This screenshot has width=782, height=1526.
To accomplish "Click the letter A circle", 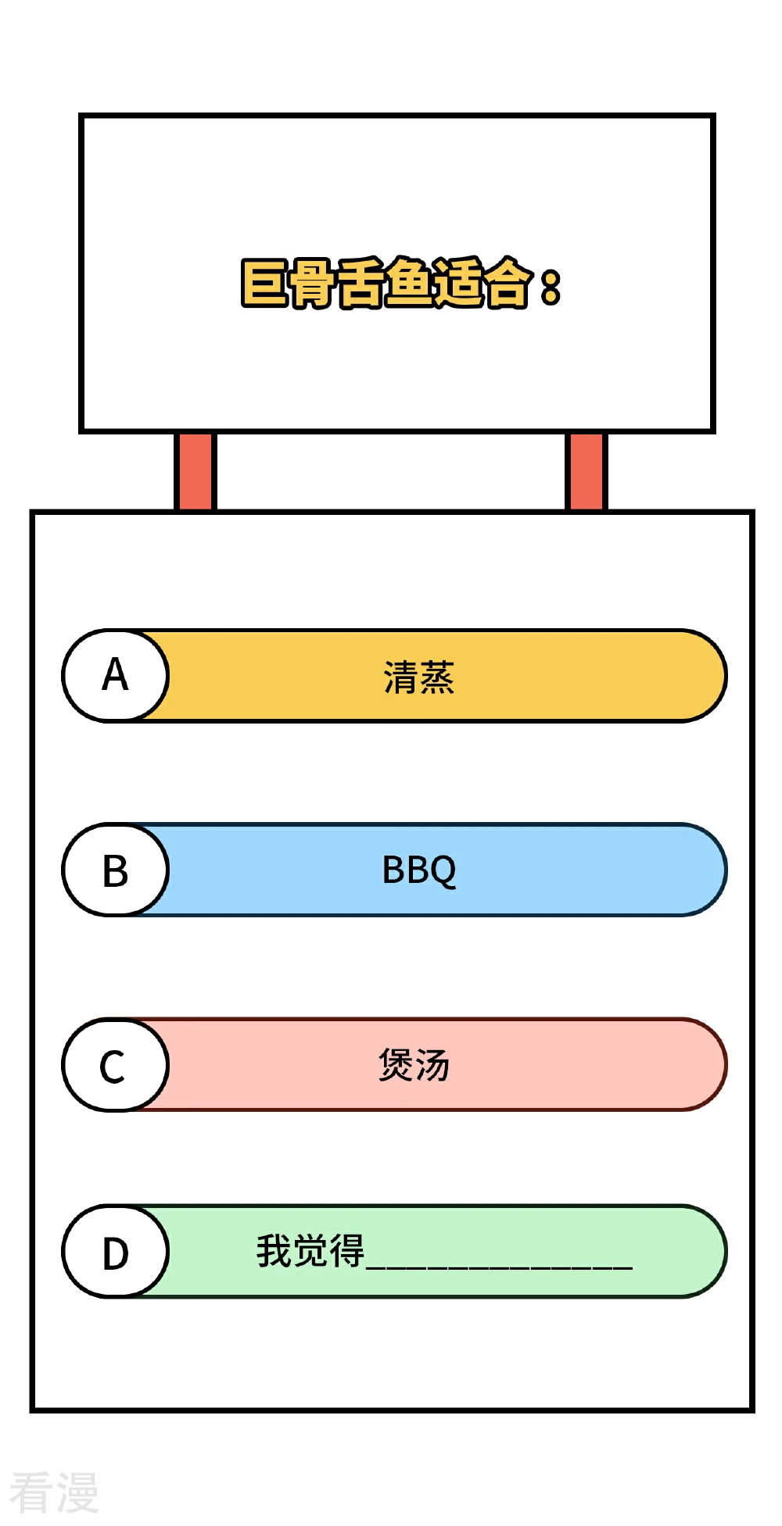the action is (x=116, y=675).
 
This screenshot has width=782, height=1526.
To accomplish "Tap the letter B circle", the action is (x=116, y=870).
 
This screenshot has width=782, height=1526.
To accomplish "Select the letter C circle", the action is (x=116, y=1064).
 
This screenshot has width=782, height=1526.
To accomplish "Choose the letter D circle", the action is (x=116, y=1251).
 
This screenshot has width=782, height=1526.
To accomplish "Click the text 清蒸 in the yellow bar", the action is (x=418, y=677).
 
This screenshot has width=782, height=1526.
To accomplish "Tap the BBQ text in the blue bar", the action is (x=419, y=870).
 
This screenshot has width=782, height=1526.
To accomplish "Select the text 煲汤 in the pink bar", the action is (x=414, y=1064).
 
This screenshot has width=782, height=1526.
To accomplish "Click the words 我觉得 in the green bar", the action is (x=310, y=1250).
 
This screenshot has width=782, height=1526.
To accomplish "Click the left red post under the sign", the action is (x=195, y=471).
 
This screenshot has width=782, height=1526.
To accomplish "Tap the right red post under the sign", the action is (x=586, y=471).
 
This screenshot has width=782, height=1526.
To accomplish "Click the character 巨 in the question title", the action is (x=264, y=283).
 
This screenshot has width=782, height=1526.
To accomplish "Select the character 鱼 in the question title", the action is (x=407, y=282).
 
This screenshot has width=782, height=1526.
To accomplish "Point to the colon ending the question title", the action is (x=551, y=288).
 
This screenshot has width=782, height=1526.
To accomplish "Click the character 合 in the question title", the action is (x=506, y=282).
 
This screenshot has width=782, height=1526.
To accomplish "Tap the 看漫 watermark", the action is (x=54, y=1492).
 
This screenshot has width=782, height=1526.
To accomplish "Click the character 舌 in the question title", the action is (x=360, y=283).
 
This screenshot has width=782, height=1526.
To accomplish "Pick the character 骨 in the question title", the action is (x=312, y=283).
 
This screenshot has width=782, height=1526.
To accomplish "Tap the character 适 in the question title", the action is (x=457, y=282).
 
